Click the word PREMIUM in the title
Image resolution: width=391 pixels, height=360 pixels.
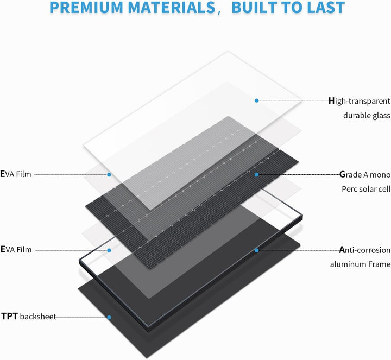[86, 8]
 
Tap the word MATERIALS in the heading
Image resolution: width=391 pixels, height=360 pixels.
[172, 8]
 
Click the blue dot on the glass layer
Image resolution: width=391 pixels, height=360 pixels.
[256, 100]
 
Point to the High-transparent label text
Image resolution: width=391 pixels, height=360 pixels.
[360, 101]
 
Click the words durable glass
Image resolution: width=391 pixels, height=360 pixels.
[367, 116]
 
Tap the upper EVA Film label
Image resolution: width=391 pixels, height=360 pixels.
[16, 174]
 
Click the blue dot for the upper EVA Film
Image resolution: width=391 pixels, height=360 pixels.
[109, 174]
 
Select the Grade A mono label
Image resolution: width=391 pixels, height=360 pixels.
[365, 174]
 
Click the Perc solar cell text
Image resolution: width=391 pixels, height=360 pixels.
[366, 189]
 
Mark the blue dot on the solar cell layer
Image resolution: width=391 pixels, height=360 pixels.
[256, 175]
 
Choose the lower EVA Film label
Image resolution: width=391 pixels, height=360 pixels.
[16, 249]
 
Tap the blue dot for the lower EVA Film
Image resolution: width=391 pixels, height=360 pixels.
[109, 250]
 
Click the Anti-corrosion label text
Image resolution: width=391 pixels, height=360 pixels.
[364, 250]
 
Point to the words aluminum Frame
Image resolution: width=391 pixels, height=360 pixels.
[360, 264]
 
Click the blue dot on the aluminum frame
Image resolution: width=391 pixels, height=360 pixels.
[256, 250]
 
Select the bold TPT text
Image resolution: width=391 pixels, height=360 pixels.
[9, 316]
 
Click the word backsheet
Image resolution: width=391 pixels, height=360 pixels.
[38, 317]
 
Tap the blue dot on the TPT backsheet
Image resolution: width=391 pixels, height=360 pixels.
[109, 317]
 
